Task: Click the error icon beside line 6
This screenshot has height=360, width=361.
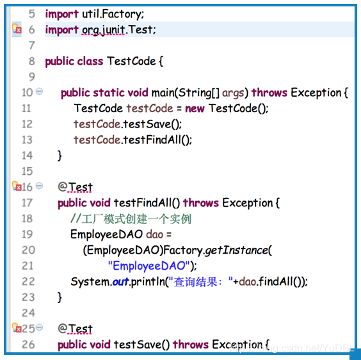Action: pyautogui.click(x=17, y=29)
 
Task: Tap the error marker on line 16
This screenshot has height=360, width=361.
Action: pyautogui.click(x=17, y=186)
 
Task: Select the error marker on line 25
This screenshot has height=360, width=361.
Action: pyautogui.click(x=17, y=328)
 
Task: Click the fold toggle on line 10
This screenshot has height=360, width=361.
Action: pyautogui.click(x=40, y=91)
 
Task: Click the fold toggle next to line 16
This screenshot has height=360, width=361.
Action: pyautogui.click(x=40, y=186)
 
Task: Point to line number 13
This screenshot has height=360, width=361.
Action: pyautogui.click(x=27, y=140)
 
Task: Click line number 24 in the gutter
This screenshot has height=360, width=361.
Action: pyautogui.click(x=28, y=313)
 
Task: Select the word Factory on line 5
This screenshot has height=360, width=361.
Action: pyautogui.click(x=121, y=14)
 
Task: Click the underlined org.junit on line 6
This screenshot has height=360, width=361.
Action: pyautogui.click(x=104, y=30)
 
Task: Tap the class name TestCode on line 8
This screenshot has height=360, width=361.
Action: pyautogui.click(x=131, y=61)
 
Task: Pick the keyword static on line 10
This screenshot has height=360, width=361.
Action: pyautogui.click(x=109, y=93)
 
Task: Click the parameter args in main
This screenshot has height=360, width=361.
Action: pyautogui.click(x=233, y=93)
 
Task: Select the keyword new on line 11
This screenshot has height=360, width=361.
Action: pyautogui.click(x=195, y=108)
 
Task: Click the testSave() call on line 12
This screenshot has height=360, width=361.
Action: pyautogui.click(x=152, y=124)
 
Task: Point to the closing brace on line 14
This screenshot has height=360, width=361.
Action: pyautogui.click(x=60, y=156)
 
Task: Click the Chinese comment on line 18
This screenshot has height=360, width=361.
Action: pyautogui.click(x=131, y=218)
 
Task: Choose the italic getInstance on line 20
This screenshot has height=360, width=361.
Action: pyautogui.click(x=236, y=250)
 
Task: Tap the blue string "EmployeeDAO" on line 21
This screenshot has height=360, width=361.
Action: pyautogui.click(x=148, y=266)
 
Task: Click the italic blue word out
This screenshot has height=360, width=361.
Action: pyautogui.click(x=120, y=282)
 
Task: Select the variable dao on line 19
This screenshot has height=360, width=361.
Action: pyautogui.click(x=154, y=234)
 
